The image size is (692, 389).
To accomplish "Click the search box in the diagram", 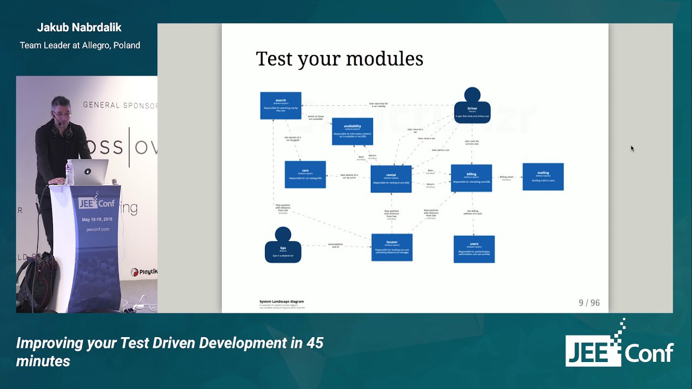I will click(281, 105).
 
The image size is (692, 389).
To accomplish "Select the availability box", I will click(352, 131).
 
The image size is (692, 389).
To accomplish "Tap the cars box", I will click(305, 175).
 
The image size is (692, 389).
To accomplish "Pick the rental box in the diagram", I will click(391, 179).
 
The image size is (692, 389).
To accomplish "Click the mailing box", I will click(543, 177).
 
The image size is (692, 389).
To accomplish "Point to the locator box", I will click(392, 247).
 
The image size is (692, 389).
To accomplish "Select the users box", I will click(474, 249).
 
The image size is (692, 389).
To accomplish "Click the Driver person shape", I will click(472, 106).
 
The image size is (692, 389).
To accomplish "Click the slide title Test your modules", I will click(340, 59).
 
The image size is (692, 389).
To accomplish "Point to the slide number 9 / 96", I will click(589, 303).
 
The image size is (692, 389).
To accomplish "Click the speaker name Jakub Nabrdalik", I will click(80, 27).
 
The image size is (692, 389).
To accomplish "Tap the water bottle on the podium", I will click(69, 173).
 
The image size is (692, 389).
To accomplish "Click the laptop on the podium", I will click(90, 172).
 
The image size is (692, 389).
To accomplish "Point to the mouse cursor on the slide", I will click(632, 149).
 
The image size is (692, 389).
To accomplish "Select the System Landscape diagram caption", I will click(281, 301).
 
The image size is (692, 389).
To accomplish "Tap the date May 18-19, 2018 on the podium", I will click(97, 220).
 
